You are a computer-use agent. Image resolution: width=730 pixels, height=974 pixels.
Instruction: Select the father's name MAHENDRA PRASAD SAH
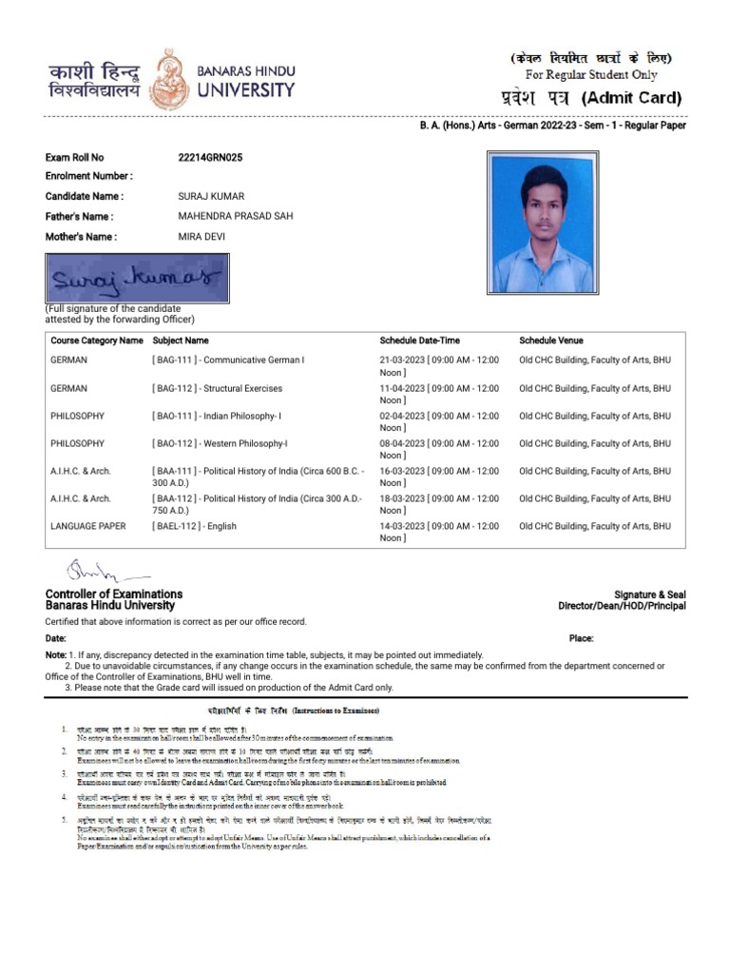tap(236, 216)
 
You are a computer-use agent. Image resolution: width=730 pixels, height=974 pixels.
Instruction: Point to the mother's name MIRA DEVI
tap(202, 236)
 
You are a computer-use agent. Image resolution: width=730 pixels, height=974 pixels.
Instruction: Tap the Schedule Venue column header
tap(551, 341)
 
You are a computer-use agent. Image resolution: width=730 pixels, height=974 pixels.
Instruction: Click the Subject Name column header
tap(181, 341)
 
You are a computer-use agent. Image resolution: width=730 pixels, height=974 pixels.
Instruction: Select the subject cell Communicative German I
tap(228, 360)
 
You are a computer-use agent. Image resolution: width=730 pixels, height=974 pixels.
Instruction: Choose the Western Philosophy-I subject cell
tap(220, 443)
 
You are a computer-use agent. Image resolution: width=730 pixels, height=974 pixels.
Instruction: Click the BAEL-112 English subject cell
tap(195, 526)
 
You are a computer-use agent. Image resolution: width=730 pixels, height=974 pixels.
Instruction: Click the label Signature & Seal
tap(649, 594)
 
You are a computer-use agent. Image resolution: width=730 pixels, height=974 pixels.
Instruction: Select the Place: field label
tap(582, 639)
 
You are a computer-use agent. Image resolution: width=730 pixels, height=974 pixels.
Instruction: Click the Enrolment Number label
tap(89, 176)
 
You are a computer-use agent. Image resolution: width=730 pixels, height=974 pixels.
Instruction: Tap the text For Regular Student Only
tap(590, 75)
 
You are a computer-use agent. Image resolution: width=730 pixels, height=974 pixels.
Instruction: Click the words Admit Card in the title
tap(631, 98)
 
